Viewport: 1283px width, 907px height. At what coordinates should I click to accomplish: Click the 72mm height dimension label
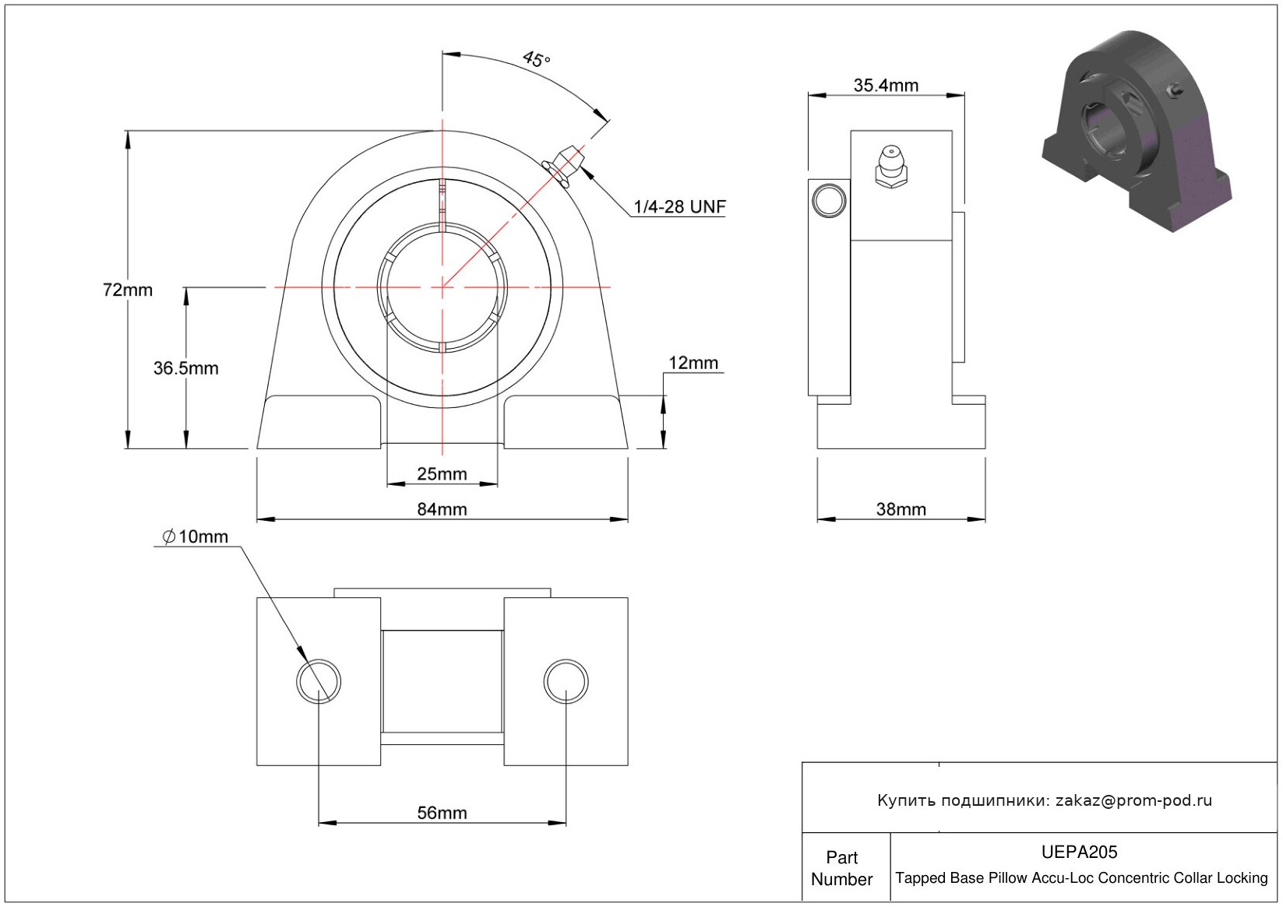[x=128, y=290]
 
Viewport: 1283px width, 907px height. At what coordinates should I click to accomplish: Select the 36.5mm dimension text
[x=185, y=368]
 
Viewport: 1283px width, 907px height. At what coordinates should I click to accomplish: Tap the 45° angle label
[x=536, y=59]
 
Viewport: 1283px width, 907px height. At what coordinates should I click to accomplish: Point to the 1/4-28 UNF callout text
[x=679, y=207]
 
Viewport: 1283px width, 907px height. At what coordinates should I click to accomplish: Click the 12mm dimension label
[x=693, y=363]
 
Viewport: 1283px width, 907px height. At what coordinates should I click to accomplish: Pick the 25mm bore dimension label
[x=442, y=474]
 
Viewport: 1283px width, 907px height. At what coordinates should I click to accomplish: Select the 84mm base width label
[x=442, y=509]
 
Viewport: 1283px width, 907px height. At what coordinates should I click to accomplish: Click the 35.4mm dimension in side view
[x=886, y=86]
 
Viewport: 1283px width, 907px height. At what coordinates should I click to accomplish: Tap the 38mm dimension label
[x=901, y=509]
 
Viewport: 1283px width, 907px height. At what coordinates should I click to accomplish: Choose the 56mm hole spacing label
[x=442, y=813]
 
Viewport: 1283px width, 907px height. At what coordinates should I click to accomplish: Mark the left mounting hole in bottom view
[x=319, y=681]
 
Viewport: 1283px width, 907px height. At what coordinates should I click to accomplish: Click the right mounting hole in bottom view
[x=566, y=681]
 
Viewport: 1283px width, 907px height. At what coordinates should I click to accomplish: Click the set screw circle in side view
[x=829, y=200]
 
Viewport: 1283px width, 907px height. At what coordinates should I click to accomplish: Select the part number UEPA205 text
[x=1079, y=852]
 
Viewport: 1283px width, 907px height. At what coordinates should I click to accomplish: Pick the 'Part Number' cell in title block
[x=842, y=868]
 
